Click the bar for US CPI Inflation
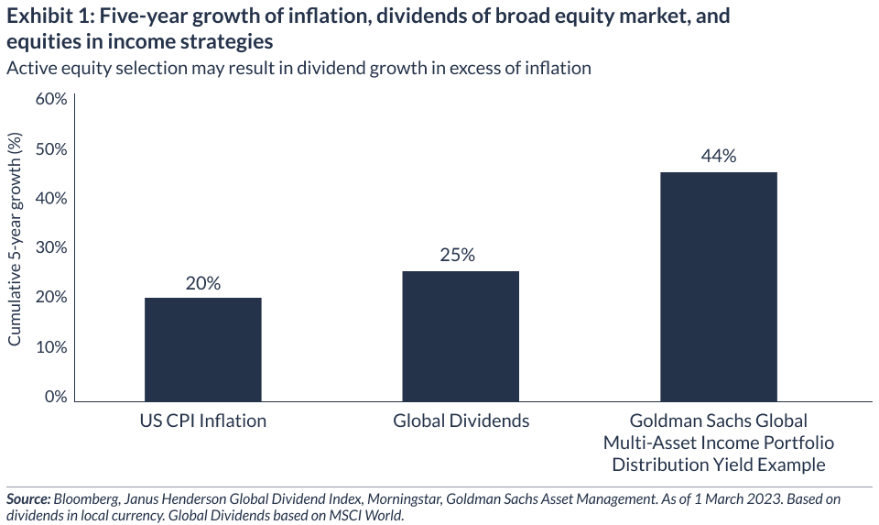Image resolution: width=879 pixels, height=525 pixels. click(x=203, y=349)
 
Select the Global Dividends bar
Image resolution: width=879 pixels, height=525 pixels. click(x=461, y=336)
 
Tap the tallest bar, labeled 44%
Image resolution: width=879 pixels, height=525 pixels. click(x=718, y=286)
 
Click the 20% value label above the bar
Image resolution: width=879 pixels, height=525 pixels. click(x=203, y=283)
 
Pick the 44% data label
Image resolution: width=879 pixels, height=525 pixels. click(x=718, y=156)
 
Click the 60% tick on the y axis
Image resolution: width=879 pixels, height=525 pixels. click(x=51, y=99)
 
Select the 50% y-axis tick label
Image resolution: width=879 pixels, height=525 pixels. click(x=51, y=148)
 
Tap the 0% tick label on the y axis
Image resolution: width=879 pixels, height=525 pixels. click(x=56, y=397)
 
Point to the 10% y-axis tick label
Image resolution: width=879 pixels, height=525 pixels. click(x=51, y=347)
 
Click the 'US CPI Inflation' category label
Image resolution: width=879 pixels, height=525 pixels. click(x=203, y=421)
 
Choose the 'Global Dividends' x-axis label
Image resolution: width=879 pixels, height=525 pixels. click(x=461, y=421)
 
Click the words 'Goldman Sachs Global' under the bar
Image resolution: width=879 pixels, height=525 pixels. click(x=718, y=421)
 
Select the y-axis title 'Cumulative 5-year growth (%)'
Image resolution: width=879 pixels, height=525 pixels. click(x=16, y=239)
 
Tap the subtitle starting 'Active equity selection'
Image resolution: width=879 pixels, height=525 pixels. click(x=298, y=68)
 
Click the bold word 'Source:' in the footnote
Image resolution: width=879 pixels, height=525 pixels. click(x=28, y=499)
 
